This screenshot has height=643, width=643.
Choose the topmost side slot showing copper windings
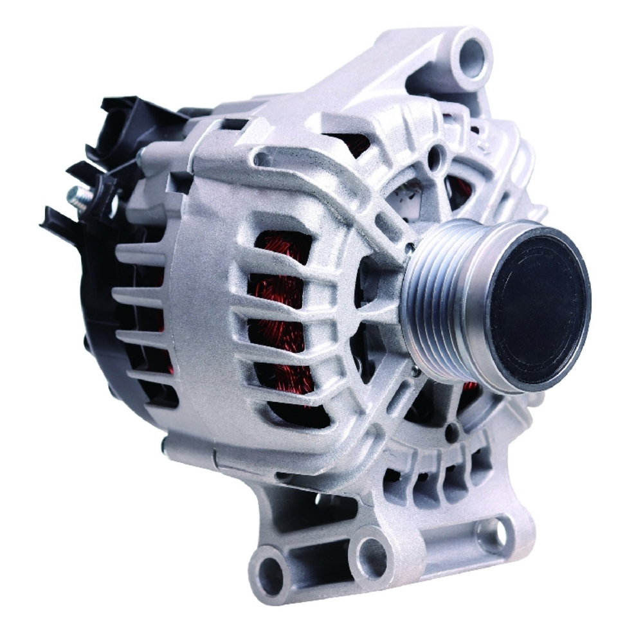pos(283,248)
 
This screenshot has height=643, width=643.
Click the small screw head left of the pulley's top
pos(410,245)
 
